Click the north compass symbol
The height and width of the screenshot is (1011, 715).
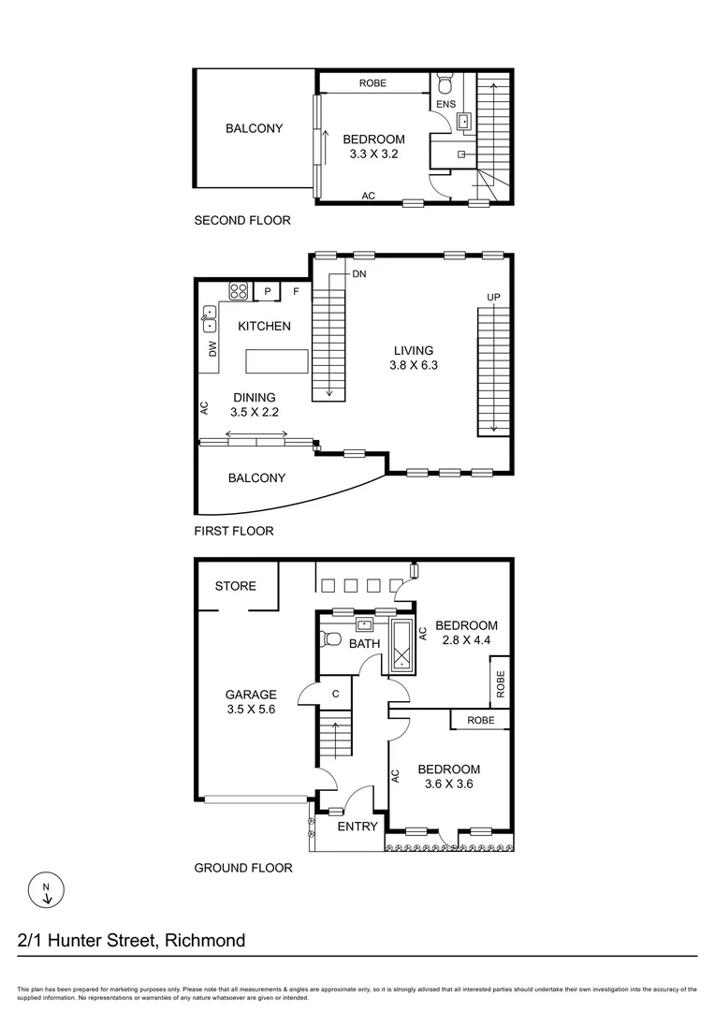47,890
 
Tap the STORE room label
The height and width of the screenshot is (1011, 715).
235,586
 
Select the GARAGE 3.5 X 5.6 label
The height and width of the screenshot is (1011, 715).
251,702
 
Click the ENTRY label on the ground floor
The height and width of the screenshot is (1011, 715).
357,827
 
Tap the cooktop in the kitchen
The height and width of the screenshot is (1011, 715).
238,291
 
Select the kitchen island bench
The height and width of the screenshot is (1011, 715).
276,361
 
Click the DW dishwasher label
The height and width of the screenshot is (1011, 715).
212,349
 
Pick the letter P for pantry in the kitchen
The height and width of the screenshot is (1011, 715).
268,292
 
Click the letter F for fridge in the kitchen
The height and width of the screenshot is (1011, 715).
296,292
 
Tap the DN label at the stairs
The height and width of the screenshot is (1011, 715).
359,274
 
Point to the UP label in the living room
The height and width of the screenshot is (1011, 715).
493,298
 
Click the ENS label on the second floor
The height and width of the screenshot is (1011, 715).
445,104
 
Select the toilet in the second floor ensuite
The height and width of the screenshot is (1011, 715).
445,81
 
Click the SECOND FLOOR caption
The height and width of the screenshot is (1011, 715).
242,221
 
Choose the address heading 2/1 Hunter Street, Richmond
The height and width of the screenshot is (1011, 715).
132,940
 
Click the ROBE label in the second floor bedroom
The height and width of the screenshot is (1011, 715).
372,83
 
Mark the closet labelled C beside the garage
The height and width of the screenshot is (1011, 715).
335,694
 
